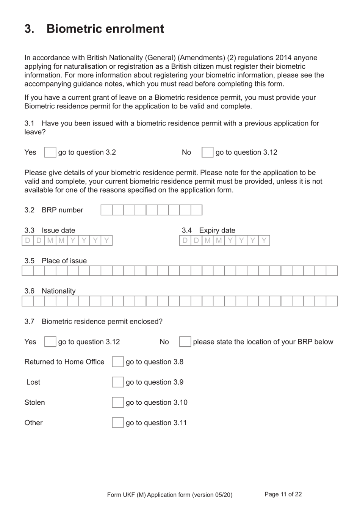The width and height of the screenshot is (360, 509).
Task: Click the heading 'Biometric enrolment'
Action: click(x=105, y=29)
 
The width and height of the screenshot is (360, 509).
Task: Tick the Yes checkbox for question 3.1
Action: click(x=50, y=152)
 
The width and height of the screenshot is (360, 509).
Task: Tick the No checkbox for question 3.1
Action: click(x=207, y=152)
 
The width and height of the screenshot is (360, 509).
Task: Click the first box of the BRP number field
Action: click(x=106, y=210)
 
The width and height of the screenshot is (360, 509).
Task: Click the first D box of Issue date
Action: click(x=28, y=240)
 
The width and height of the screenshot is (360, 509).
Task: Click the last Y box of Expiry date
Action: click(x=264, y=240)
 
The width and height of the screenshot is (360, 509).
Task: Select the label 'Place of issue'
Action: click(x=64, y=261)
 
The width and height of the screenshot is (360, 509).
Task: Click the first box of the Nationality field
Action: click(x=28, y=301)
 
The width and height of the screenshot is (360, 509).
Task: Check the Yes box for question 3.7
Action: click(x=50, y=342)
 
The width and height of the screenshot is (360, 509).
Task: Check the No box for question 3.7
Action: click(x=185, y=342)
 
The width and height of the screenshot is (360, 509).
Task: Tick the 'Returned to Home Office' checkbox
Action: click(x=117, y=362)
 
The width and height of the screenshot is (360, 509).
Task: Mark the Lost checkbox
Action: click(x=117, y=382)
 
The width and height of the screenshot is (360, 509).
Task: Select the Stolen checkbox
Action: click(x=117, y=402)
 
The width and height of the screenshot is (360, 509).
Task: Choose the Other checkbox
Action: click(x=117, y=423)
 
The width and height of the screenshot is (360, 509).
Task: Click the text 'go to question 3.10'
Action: click(x=157, y=402)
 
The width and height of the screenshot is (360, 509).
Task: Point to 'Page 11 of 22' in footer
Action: click(x=283, y=494)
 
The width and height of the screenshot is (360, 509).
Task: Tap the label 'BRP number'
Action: click(x=62, y=210)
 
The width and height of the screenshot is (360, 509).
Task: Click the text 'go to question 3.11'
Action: click(x=156, y=423)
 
